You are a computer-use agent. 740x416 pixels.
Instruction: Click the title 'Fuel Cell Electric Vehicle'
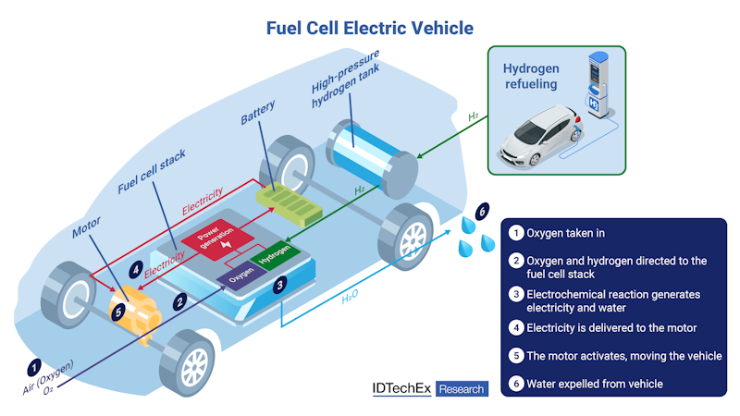370,28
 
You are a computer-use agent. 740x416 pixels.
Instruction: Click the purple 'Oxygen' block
238,275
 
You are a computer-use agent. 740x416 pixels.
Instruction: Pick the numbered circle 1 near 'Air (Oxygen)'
35,366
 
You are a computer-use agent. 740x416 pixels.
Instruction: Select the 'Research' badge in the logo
462,389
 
